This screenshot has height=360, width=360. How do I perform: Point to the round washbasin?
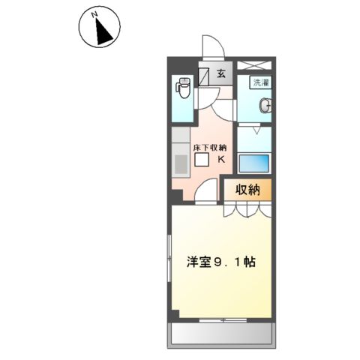pyautogui.click(x=265, y=106)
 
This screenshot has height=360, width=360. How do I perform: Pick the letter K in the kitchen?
pyautogui.click(x=221, y=158)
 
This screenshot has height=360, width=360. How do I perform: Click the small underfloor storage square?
pyautogui.click(x=201, y=160)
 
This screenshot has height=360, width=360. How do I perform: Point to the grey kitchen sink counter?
pyautogui.click(x=180, y=157)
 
